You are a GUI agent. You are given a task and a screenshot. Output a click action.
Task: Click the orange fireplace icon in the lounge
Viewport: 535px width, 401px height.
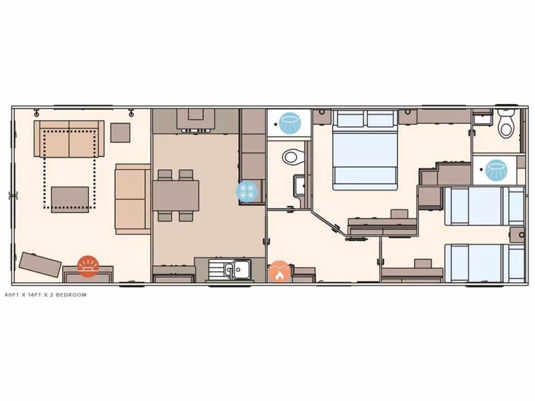point(87,265)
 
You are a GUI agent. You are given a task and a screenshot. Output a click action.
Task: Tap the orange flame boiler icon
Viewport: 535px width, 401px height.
point(279,272)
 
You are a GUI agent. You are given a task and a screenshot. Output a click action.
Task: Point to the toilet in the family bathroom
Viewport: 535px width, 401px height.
point(293,156)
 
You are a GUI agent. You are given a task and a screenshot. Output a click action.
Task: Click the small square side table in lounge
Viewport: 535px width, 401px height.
point(121,132)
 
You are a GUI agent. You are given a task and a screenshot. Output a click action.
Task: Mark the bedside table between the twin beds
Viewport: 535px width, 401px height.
point(517,234)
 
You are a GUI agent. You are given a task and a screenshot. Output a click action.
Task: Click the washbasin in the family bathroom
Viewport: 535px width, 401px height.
point(300,186)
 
